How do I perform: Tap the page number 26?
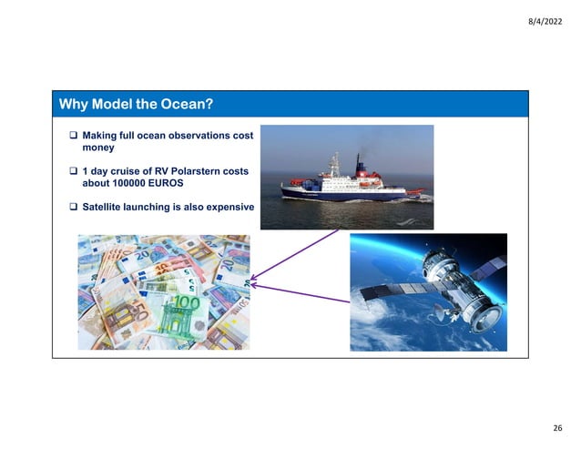point(557,427)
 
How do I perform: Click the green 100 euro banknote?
point(185,315)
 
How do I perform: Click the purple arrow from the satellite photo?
point(301,293)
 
